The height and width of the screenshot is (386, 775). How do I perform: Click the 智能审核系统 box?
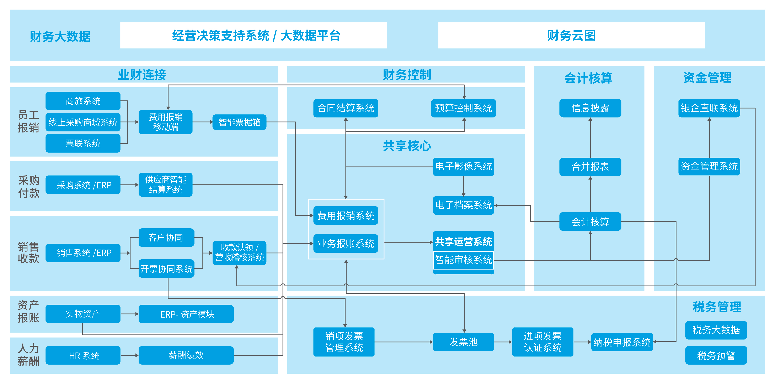click(463, 260)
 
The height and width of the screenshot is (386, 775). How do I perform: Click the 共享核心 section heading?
click(407, 146)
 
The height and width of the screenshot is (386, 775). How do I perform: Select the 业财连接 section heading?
click(142, 75)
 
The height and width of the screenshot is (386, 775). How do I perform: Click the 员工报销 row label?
click(28, 121)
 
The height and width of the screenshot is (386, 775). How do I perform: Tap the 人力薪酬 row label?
click(28, 355)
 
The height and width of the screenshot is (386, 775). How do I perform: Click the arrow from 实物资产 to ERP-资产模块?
click(129, 314)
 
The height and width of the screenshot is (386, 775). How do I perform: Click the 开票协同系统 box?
click(166, 268)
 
